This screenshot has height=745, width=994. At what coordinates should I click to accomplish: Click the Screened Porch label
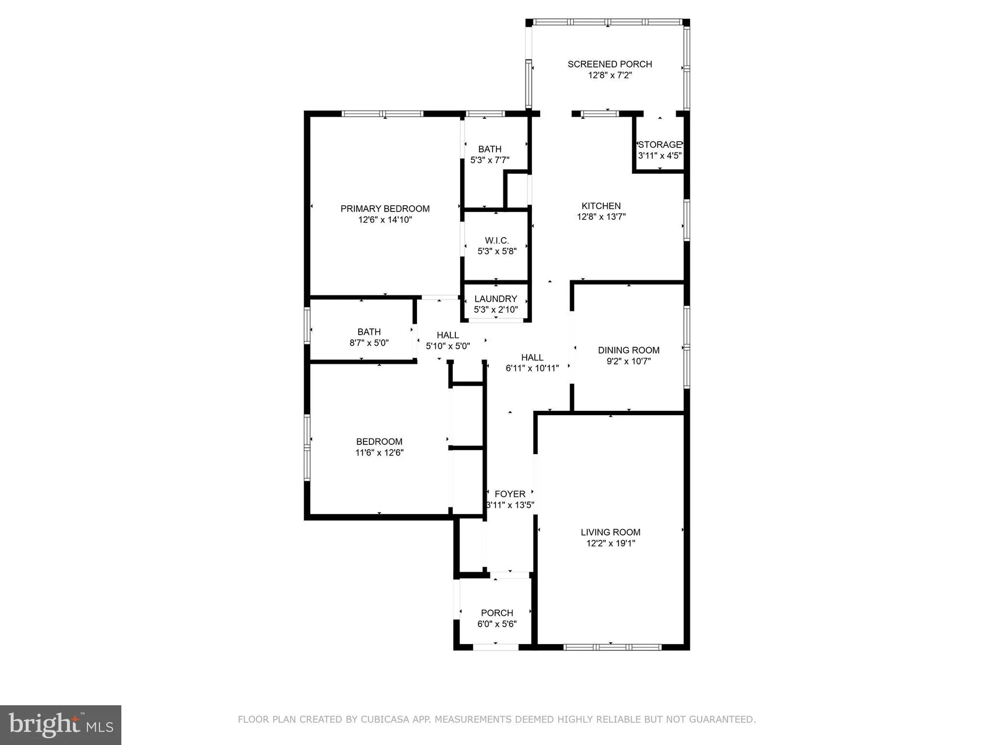click(610, 64)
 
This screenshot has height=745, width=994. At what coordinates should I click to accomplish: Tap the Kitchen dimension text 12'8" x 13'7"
click(601, 217)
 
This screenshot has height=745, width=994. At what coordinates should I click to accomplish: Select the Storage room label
click(660, 145)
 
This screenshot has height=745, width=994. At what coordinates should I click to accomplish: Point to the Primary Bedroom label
click(385, 209)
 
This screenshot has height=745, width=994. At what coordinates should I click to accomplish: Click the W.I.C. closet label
click(497, 240)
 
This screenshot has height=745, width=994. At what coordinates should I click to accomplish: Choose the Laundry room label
click(496, 298)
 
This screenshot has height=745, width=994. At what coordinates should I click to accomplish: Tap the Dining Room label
click(628, 350)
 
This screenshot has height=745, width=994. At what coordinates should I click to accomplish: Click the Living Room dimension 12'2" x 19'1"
click(610, 543)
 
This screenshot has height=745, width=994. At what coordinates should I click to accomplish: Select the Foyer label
click(510, 494)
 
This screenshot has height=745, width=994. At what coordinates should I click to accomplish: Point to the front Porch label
click(497, 613)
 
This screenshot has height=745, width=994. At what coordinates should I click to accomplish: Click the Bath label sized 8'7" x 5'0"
click(369, 332)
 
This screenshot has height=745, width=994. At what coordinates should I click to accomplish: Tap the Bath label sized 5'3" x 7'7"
click(490, 149)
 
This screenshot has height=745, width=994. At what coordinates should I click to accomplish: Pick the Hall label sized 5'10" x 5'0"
click(447, 335)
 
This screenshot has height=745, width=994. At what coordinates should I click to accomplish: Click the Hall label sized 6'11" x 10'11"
click(532, 357)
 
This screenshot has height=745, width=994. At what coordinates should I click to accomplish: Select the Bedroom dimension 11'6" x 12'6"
click(379, 453)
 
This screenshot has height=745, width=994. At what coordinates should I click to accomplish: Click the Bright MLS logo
click(61, 725)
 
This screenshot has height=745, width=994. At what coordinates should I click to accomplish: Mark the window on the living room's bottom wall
click(612, 647)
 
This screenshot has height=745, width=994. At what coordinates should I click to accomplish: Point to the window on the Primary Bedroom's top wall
click(383, 114)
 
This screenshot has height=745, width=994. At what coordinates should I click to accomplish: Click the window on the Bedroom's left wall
click(307, 447)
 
